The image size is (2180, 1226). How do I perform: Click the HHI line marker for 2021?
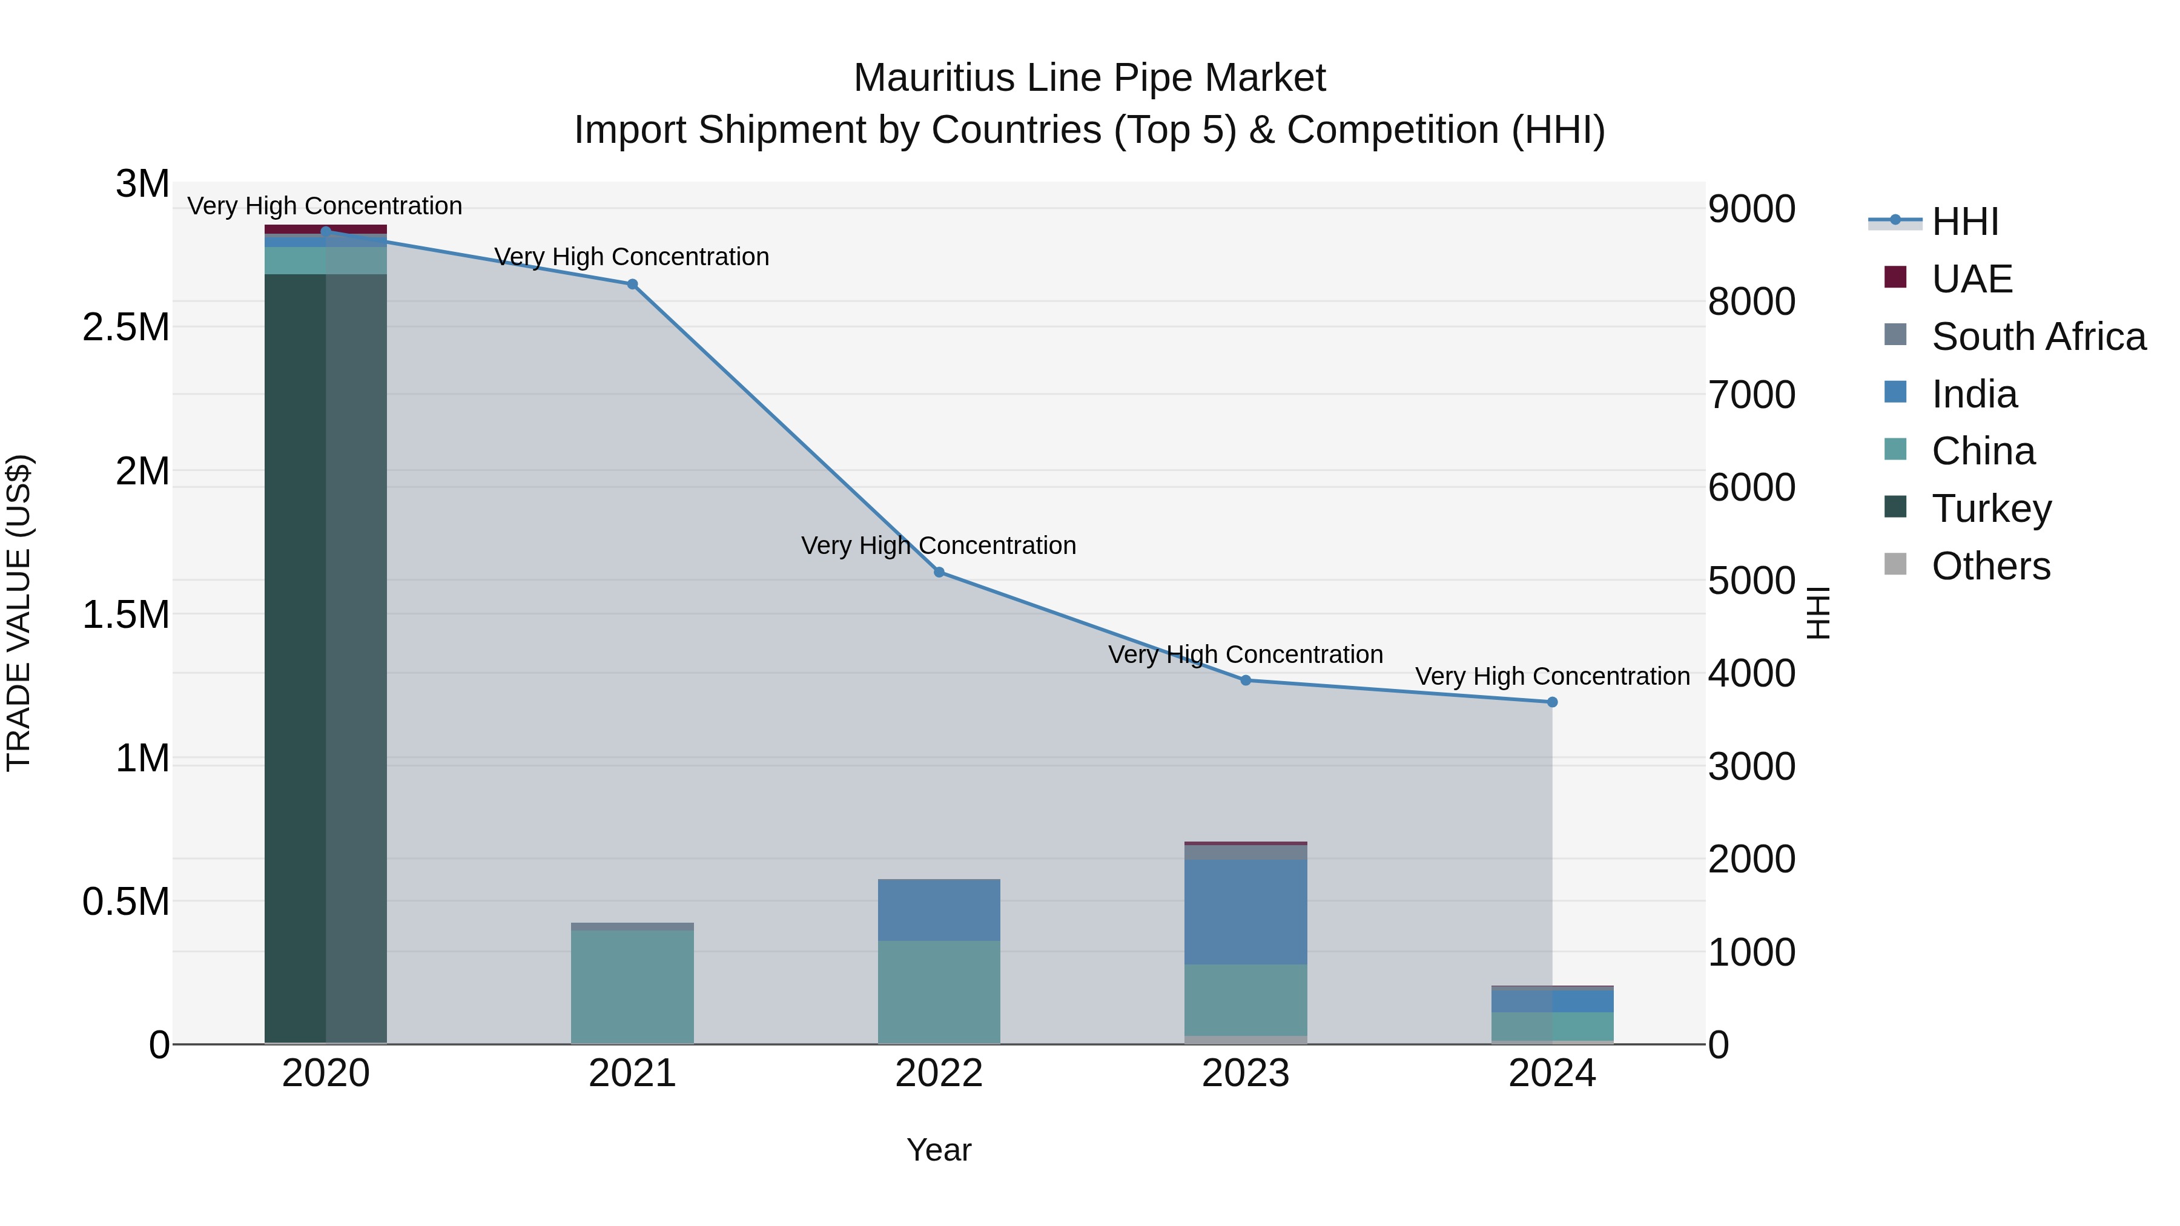click(x=632, y=285)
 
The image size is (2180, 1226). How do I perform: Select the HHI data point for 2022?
click(x=939, y=572)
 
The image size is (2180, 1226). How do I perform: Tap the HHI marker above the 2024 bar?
click(x=1552, y=702)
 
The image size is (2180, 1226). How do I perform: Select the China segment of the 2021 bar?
click(x=632, y=987)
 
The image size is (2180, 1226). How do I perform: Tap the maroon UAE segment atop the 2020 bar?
click(x=325, y=228)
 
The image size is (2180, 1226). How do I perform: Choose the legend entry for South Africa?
click(x=2038, y=337)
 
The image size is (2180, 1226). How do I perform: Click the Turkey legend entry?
click(x=1990, y=509)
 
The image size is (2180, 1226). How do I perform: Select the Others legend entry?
click(x=1990, y=566)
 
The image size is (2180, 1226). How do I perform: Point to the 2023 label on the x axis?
click(x=1245, y=1073)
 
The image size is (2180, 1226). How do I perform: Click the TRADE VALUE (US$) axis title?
click(x=19, y=613)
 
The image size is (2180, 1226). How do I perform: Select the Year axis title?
click(x=939, y=1150)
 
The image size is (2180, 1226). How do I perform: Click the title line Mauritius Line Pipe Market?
click(x=1089, y=78)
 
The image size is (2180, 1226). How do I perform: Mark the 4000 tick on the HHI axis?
click(x=1750, y=673)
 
